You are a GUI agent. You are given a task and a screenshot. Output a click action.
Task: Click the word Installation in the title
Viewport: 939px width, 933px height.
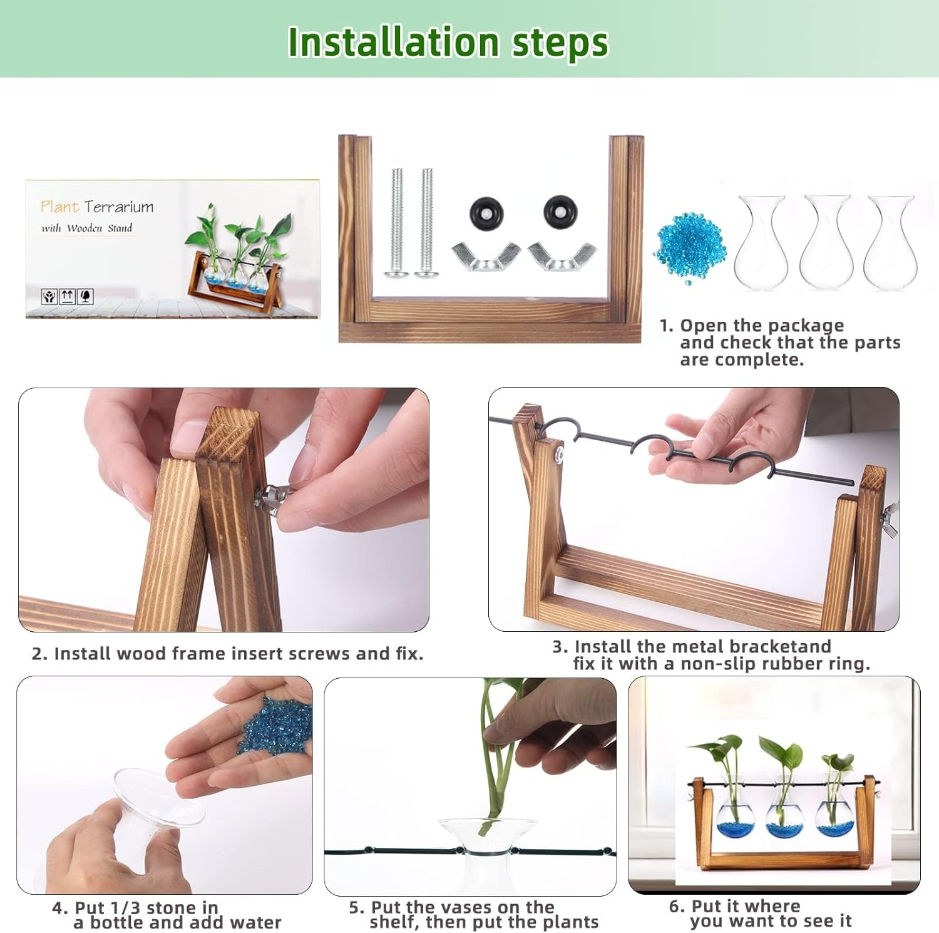click(x=393, y=42)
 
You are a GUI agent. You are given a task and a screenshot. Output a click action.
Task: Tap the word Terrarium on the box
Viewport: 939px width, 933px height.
click(x=119, y=207)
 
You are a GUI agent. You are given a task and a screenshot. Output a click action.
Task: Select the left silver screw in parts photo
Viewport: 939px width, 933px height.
click(x=396, y=222)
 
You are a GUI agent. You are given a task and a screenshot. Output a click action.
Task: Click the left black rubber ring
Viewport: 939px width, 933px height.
click(x=486, y=213)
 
